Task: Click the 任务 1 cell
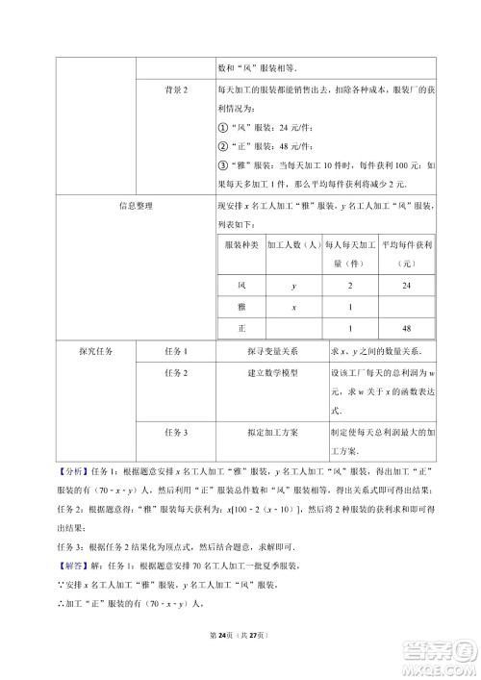[x=176, y=352]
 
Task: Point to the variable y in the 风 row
[x=292, y=286]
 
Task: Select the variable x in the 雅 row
[x=292, y=307]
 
